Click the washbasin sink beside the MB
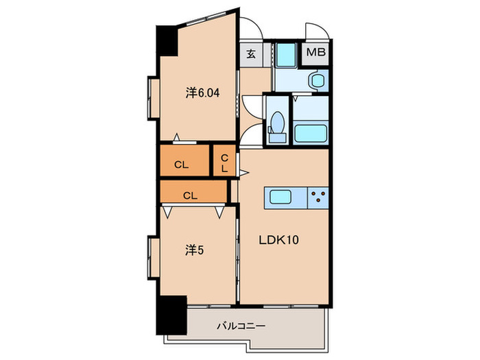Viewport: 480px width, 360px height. click(x=316, y=81)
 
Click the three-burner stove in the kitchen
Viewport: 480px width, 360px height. click(x=317, y=198)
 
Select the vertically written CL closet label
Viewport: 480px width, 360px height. click(x=224, y=163)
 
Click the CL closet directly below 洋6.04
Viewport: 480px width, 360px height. click(x=182, y=164)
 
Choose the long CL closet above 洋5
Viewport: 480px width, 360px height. click(x=191, y=195)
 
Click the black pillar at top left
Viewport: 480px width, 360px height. click(x=167, y=43)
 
